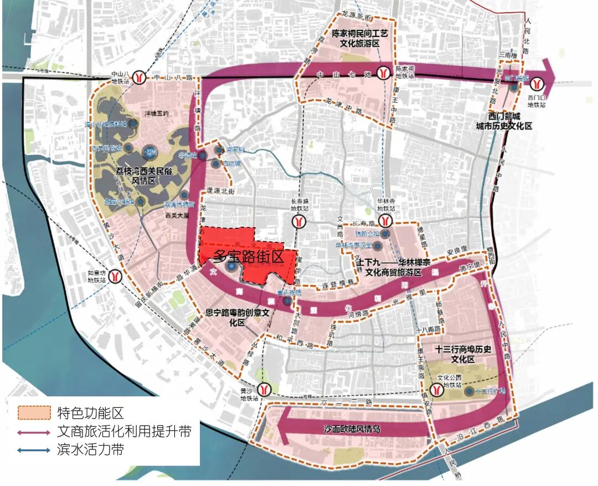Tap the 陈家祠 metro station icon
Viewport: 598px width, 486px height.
(x=383, y=72)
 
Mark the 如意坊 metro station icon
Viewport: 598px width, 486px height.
(x=115, y=275)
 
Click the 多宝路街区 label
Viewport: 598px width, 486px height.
(x=249, y=257)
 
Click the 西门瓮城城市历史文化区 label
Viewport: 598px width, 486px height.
(x=504, y=121)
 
